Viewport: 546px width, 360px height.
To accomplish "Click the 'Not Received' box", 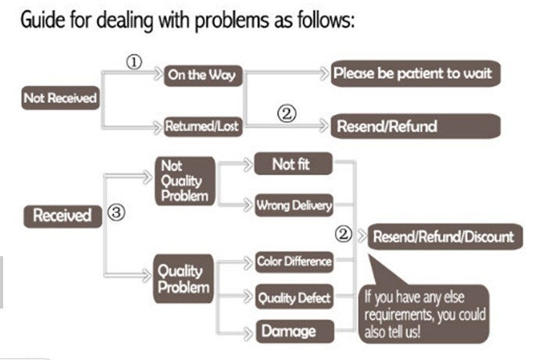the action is point(61,98).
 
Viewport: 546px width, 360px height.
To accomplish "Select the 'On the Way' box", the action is point(203,75).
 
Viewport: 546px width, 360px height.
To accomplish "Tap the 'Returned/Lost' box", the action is point(203,127).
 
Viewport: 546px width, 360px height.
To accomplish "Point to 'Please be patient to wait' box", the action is point(416,73).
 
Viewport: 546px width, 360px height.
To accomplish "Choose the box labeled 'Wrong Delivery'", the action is point(294,205).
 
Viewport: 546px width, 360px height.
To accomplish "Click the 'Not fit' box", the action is point(293,164).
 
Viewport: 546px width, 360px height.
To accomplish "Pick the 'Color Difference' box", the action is point(294,262).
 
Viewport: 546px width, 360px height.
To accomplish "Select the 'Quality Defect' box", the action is point(294,297).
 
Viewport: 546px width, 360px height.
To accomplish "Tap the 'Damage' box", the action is point(295,331).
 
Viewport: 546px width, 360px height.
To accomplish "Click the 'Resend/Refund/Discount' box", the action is point(445,237).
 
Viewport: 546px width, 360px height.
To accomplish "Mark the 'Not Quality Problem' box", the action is point(185,181).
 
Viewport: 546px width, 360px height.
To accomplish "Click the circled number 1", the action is point(134,62).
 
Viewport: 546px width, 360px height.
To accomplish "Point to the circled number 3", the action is point(116,212).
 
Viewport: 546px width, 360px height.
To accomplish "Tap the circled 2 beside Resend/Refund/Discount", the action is point(344,234).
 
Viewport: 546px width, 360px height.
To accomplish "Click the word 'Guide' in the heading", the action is point(42,20).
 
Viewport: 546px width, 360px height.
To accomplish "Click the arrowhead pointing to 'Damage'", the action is point(248,333).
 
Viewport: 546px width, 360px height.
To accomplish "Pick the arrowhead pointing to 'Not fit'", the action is point(248,164).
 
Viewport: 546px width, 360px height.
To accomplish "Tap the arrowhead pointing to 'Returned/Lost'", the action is point(158,127).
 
